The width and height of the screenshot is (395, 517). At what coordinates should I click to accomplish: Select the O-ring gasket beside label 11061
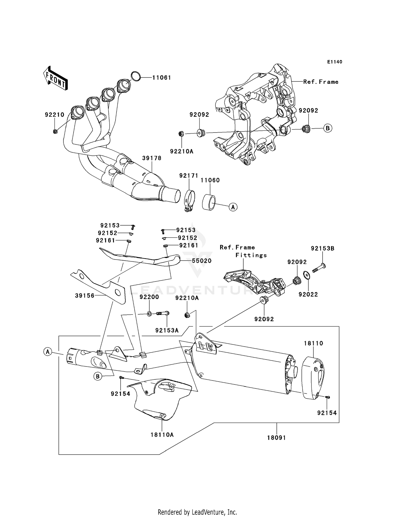point(135,76)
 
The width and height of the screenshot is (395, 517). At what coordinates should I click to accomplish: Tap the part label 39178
point(152,158)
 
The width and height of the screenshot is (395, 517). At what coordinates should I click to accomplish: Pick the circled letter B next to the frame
point(328,128)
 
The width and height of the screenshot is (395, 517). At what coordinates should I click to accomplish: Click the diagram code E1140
point(335,62)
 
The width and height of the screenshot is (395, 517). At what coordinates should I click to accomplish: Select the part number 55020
point(202,261)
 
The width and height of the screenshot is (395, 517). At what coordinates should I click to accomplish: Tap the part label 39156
point(85,296)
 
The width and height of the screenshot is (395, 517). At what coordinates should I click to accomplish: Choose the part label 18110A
point(162,435)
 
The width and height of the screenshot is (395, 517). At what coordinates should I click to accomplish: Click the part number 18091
point(276,438)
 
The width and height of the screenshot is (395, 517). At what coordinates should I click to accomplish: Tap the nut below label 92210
point(55,131)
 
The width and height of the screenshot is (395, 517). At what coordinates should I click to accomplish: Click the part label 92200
point(149,297)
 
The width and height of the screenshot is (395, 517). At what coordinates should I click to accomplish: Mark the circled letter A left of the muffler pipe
point(48,352)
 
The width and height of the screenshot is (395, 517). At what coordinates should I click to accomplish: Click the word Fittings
point(251,255)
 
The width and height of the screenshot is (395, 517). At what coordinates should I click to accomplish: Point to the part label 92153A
point(167,330)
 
